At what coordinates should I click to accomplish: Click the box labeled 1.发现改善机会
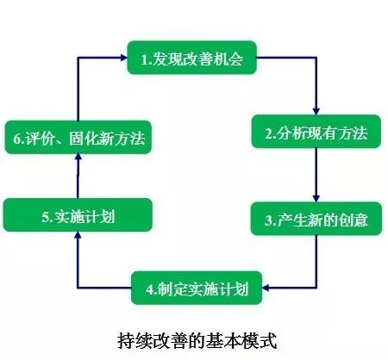[191, 58]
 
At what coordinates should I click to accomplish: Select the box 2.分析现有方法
[316, 132]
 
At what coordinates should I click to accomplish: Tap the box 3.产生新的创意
[316, 219]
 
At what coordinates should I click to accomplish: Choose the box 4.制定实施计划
[197, 288]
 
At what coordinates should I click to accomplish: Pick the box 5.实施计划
[78, 214]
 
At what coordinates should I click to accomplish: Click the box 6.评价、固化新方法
[78, 137]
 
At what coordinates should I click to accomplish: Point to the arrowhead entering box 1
[123, 58]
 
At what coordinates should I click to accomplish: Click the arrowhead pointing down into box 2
[316, 111]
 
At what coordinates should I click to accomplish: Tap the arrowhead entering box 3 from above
[316, 198]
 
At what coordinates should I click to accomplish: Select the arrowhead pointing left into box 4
[266, 288]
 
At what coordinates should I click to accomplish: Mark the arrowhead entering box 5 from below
[78, 235]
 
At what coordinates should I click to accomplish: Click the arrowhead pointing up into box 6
[78, 158]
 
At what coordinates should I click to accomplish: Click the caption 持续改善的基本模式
[197, 341]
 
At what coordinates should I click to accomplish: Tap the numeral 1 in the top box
[144, 59]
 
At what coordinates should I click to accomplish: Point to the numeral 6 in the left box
[17, 139]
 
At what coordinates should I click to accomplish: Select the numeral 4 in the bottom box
[150, 289]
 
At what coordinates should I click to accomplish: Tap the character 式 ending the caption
[268, 341]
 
